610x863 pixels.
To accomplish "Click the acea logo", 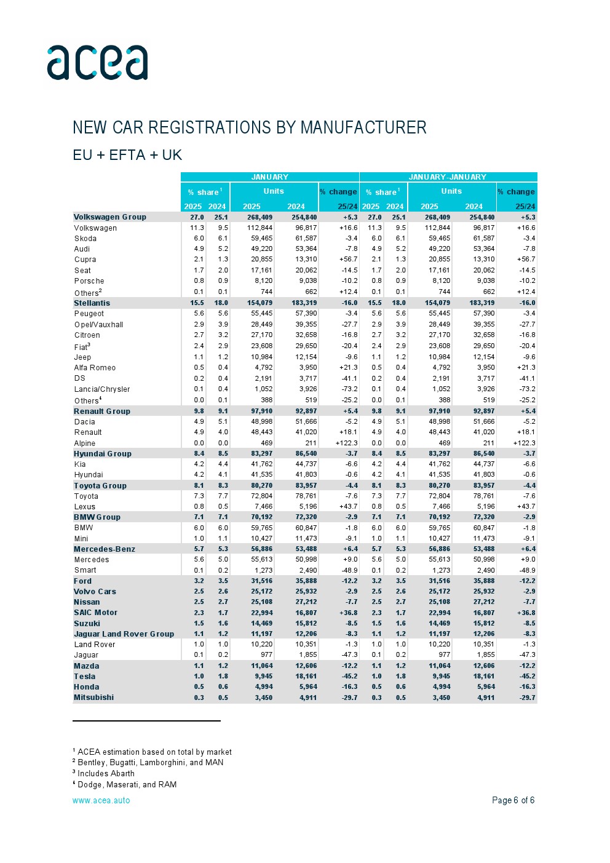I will tap(97, 63).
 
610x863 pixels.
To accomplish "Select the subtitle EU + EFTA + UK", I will tap(127, 155).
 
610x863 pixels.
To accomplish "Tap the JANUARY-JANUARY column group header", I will tap(447, 177).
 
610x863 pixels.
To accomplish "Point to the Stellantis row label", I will tap(92, 303).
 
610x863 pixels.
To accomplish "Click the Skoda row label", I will tap(85, 239).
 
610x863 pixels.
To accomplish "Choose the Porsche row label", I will tap(89, 281).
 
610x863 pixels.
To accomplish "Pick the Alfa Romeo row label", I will tap(95, 368).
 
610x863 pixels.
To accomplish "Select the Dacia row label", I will tap(85, 422).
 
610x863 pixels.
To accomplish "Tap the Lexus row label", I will tap(85, 507).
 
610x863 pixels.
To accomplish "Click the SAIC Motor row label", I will tap(95, 613).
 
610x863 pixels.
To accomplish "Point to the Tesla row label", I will tap(85, 677).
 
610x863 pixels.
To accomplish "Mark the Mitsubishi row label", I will tap(93, 698).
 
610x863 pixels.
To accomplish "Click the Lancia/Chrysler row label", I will tap(102, 389).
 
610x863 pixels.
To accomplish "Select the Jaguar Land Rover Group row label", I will tap(124, 634).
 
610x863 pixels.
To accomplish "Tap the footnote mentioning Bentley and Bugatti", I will tap(150, 763).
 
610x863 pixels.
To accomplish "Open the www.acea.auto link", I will tap(101, 800).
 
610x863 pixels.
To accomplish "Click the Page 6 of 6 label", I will tap(513, 800).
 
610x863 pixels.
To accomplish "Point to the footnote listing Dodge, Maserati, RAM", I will tap(127, 785).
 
